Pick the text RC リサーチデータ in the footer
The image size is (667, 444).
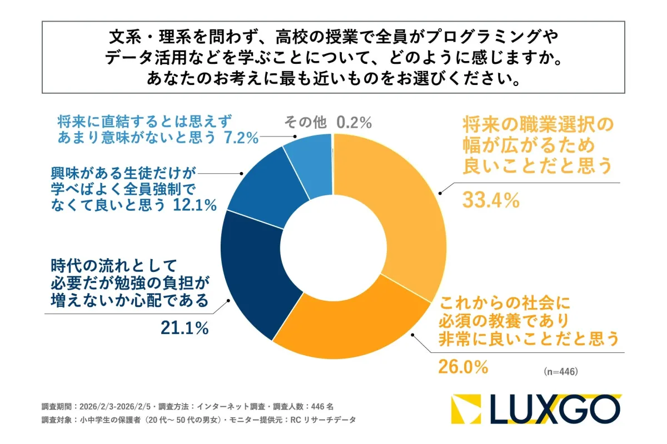[323, 420]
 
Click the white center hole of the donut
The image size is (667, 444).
[333, 244]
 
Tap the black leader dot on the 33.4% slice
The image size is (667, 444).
[440, 193]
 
